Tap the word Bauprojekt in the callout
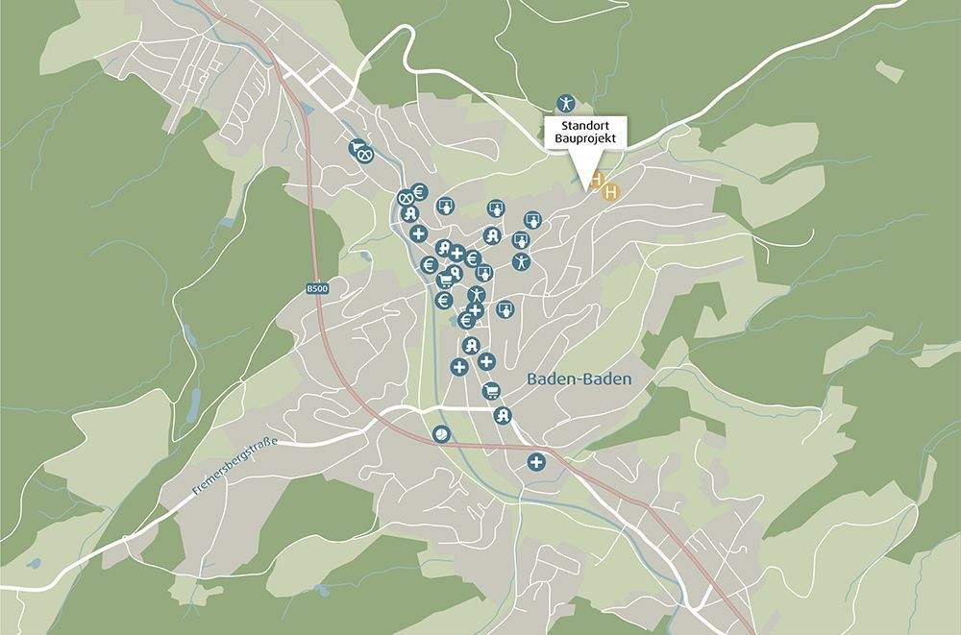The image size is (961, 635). [585, 139]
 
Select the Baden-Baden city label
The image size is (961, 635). [579, 379]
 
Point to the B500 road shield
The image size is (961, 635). [317, 288]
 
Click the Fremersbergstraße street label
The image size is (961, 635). [235, 466]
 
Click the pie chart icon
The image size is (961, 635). [441, 434]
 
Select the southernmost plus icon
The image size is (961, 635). [535, 463]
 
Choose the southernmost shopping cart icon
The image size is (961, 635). [491, 391]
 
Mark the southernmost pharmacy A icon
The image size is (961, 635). [501, 416]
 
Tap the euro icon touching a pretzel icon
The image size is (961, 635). [419, 191]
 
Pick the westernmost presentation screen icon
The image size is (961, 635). [445, 206]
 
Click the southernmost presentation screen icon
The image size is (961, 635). [505, 309]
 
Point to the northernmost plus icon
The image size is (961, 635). [418, 233]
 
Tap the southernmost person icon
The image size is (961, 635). [475, 293]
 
